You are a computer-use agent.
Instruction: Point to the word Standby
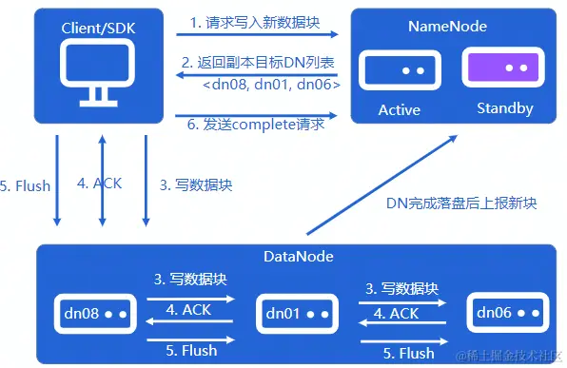coord(504,108)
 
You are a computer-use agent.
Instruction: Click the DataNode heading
coord(294,258)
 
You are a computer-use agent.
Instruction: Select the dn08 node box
coord(93,313)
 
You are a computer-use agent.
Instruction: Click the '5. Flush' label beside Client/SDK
coord(26,185)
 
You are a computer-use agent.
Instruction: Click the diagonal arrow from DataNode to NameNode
coord(381,184)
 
